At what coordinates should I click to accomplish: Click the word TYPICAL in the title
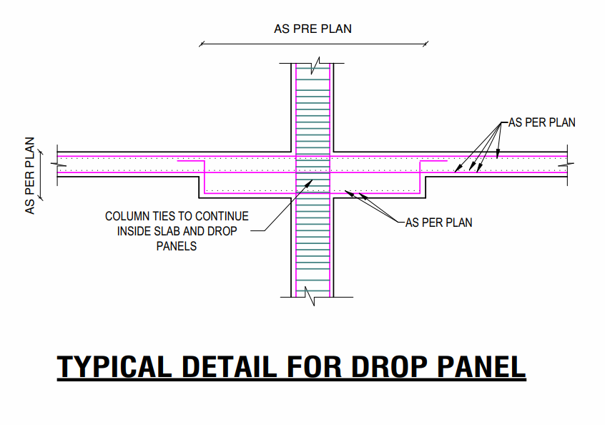(114, 367)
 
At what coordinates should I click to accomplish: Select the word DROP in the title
(382, 367)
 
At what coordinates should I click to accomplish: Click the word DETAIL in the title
(228, 367)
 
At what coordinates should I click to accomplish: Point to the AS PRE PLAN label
(313, 29)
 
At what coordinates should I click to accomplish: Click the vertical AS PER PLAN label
(30, 176)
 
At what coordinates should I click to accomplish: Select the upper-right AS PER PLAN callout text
(541, 122)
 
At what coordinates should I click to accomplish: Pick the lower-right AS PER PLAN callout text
(438, 223)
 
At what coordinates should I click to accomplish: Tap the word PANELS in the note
(176, 246)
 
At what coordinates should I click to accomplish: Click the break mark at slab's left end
(57, 164)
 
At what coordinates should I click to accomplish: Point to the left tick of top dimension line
(201, 44)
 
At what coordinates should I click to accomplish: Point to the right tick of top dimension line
(426, 44)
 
